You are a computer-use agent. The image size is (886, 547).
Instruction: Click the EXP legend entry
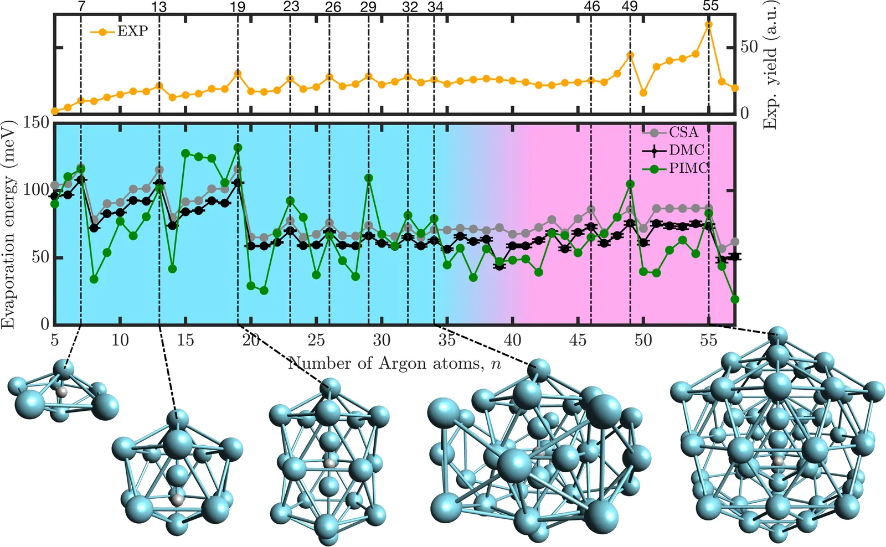click(132, 31)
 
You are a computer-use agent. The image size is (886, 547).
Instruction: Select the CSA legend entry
click(683, 132)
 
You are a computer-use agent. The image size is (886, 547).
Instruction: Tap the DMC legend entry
click(686, 150)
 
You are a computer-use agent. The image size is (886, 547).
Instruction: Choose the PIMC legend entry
click(688, 168)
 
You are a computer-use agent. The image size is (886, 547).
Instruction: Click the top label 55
click(710, 6)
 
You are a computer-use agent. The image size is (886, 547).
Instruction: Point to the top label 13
click(159, 7)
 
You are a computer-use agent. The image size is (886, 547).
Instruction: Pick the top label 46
click(591, 7)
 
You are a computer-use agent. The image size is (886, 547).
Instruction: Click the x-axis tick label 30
click(382, 339)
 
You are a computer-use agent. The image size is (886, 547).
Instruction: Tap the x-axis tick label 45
click(578, 339)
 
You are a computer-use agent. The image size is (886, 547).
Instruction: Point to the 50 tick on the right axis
click(749, 47)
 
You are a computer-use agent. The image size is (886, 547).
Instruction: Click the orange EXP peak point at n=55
click(709, 25)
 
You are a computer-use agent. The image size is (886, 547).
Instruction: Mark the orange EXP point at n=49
click(630, 56)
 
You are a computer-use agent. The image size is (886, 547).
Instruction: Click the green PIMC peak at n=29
click(369, 178)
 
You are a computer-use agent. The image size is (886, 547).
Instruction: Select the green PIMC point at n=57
click(735, 300)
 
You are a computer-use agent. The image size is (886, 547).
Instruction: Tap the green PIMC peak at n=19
click(238, 148)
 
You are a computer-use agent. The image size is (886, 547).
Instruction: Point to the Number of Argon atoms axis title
click(395, 364)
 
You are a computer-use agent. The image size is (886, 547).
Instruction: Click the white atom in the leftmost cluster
click(62, 391)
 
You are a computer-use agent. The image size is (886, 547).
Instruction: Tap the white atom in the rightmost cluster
click(779, 461)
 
